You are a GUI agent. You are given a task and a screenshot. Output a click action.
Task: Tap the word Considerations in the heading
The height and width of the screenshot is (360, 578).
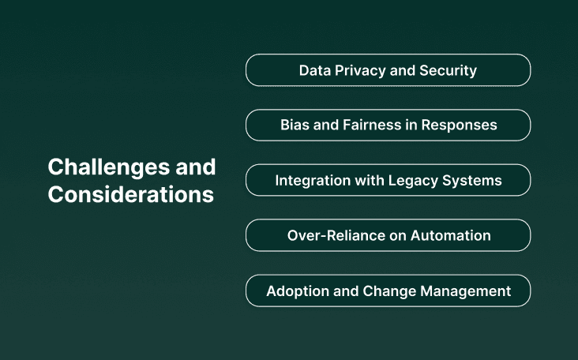(130, 195)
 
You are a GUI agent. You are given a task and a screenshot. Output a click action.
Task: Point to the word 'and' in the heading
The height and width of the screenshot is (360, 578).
(197, 167)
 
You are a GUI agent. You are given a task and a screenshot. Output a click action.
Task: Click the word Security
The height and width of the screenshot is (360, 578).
(447, 70)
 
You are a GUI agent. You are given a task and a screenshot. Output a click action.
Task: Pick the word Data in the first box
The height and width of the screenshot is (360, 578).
(314, 70)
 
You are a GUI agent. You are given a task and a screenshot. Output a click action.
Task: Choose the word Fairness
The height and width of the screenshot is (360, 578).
(371, 125)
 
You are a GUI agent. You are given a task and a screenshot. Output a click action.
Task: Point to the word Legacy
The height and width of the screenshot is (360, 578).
(411, 180)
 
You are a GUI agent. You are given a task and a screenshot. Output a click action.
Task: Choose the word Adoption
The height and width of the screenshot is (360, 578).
(297, 291)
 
